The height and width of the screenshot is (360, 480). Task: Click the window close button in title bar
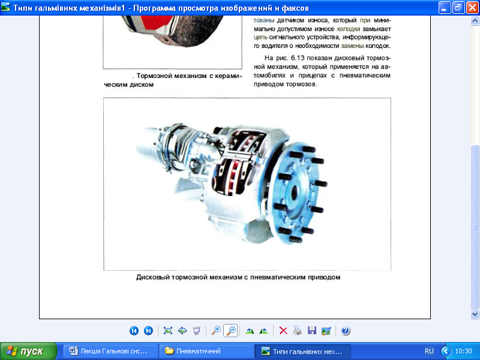pyautogui.click(x=472, y=7)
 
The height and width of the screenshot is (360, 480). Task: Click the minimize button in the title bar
pyautogui.click(x=444, y=7)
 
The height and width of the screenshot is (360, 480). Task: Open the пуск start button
pyautogui.click(x=28, y=351)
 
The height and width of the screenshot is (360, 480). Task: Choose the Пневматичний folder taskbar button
pyautogui.click(x=206, y=351)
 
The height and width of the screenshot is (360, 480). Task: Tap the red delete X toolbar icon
pyautogui.click(x=283, y=331)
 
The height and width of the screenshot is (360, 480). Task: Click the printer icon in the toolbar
pyautogui.click(x=297, y=331)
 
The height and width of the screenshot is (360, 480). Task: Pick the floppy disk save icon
pyautogui.click(x=311, y=331)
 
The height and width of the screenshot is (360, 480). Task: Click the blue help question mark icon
pyautogui.click(x=346, y=331)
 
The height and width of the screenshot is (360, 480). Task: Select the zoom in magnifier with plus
pyautogui.click(x=216, y=331)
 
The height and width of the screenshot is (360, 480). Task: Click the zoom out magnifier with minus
pyautogui.click(x=230, y=331)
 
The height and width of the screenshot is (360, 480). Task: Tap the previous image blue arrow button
pyautogui.click(x=134, y=331)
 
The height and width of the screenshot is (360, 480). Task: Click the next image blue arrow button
pyautogui.click(x=148, y=331)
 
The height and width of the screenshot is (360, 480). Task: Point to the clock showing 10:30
pyautogui.click(x=463, y=351)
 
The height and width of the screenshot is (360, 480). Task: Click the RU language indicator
pyautogui.click(x=429, y=351)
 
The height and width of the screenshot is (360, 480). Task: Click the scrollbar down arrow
pyautogui.click(x=475, y=314)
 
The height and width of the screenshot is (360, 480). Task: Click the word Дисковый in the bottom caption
pyautogui.click(x=152, y=277)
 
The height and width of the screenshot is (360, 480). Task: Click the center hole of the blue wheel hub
pyautogui.click(x=295, y=193)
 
